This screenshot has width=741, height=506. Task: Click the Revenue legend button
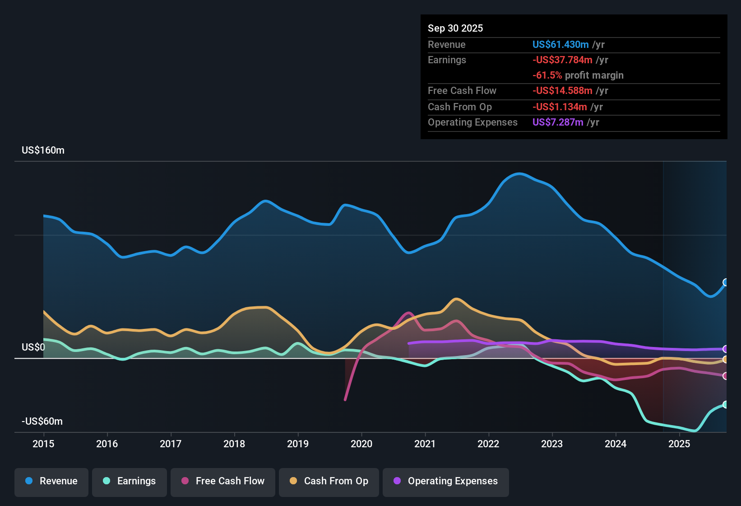(x=51, y=481)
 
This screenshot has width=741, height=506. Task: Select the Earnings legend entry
(x=130, y=481)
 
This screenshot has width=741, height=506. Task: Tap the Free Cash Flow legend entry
(x=223, y=481)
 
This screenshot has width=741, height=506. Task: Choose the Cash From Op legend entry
(x=329, y=481)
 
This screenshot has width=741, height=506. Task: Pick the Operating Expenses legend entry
(x=446, y=481)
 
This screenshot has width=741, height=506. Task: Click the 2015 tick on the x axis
(x=43, y=444)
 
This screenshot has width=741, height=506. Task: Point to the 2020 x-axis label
(x=361, y=444)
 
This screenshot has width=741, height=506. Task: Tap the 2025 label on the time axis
(x=679, y=444)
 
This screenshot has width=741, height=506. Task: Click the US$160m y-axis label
(x=43, y=150)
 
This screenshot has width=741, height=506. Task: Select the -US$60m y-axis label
(x=42, y=422)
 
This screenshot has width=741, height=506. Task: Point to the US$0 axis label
(x=33, y=347)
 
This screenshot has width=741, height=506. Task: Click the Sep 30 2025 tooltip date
(x=455, y=28)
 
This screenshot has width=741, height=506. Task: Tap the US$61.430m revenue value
(x=560, y=44)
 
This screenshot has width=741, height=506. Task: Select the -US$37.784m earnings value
(x=562, y=60)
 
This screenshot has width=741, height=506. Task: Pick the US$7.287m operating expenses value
(x=558, y=122)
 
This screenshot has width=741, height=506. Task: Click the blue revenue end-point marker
(x=726, y=282)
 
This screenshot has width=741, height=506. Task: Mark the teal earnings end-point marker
(x=726, y=404)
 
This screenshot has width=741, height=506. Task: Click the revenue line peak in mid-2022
(x=519, y=173)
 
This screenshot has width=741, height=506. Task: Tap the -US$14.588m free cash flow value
(x=562, y=90)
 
